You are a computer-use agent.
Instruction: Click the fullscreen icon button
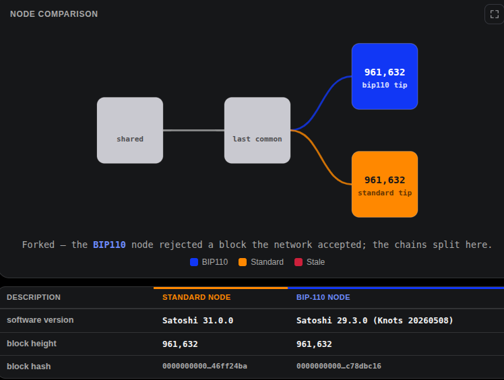pos(494,14)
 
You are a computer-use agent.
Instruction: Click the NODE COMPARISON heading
pos(54,14)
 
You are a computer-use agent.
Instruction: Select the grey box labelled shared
pos(130,130)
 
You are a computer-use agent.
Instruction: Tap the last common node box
pos(257,130)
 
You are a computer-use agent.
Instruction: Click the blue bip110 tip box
pos(385,77)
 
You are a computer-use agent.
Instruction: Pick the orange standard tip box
pos(385,184)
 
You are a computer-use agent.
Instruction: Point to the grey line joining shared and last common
pos(193,130)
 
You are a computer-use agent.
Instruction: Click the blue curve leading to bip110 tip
pos(321,102)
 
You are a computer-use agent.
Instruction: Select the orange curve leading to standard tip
pos(321,158)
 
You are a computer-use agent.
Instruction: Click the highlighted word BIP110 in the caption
pos(109,245)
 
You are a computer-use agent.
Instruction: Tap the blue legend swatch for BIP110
pos(194,262)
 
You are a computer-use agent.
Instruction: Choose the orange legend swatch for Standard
pos(243,262)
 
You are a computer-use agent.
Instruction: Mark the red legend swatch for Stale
pos(298,262)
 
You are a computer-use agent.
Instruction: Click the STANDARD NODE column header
pos(196,297)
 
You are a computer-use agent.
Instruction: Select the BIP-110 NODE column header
pos(323,297)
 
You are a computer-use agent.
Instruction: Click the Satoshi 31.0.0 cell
pos(197,321)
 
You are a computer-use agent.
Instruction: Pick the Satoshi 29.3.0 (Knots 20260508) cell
pos(375,321)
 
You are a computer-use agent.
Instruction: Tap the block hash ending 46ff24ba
pos(205,366)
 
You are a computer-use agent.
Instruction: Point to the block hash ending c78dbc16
pos(339,366)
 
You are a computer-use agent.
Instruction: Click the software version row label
pos(40,320)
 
